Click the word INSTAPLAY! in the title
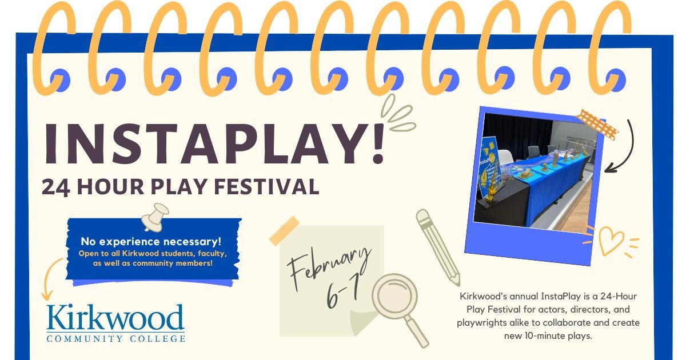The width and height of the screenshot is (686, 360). pyautogui.click(x=214, y=144)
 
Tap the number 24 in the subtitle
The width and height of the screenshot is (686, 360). pyautogui.click(x=56, y=187)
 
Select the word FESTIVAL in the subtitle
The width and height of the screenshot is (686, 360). pyautogui.click(x=266, y=186)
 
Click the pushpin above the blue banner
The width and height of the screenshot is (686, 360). pyautogui.click(x=155, y=217)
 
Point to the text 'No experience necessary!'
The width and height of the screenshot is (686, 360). pyautogui.click(x=151, y=242)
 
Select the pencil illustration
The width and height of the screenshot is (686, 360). pyautogui.click(x=438, y=247)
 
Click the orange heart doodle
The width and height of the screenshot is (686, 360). pyautogui.click(x=611, y=241)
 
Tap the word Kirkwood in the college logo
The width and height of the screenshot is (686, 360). pyautogui.click(x=115, y=318)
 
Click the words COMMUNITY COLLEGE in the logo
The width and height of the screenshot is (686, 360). pyautogui.click(x=115, y=338)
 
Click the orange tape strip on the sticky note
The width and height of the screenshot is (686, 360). pyautogui.click(x=284, y=231)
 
